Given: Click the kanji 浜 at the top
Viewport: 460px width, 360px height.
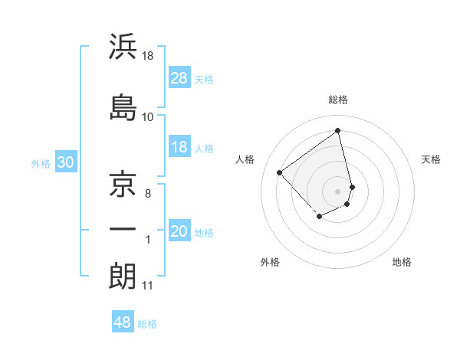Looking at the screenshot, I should tap(123, 47).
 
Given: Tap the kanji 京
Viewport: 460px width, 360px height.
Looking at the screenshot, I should tap(123, 182).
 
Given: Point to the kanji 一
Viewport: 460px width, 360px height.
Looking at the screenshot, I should tap(123, 228).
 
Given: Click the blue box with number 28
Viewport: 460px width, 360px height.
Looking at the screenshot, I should tap(179, 77).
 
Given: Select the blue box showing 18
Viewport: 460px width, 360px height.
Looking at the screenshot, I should tap(179, 147).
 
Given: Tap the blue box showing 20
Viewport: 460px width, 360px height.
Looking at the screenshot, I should tap(179, 232).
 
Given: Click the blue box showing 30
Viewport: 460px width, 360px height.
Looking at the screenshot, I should tap(65, 162).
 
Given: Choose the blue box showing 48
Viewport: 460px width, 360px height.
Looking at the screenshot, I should tap(123, 322).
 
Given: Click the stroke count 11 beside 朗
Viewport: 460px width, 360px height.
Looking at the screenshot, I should tap(147, 286).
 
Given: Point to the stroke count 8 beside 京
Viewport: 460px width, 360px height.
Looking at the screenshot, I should tap(147, 193).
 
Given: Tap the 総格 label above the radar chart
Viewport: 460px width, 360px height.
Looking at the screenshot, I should tap(338, 100).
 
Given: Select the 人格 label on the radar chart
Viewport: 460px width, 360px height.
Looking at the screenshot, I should tap(245, 159).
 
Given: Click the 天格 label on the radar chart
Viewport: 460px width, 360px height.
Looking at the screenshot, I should tap(431, 159).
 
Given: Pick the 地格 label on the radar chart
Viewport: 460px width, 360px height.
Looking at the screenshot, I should tap(402, 262).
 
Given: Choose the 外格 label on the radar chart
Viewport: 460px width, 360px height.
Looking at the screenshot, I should tap(269, 262).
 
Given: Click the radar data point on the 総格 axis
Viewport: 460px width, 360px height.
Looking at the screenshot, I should tap(338, 130).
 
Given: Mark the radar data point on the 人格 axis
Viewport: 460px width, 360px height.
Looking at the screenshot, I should tap(280, 173).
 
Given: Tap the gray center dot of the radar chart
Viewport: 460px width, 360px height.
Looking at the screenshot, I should tap(338, 191).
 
